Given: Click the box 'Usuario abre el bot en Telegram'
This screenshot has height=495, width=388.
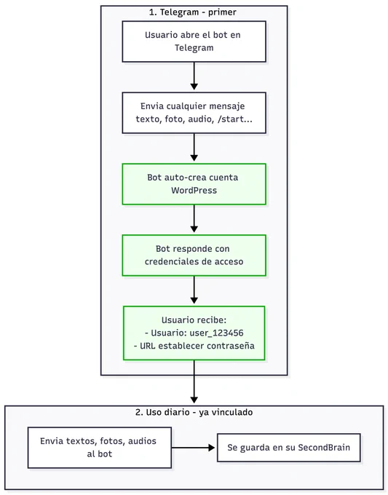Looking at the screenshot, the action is (194, 41).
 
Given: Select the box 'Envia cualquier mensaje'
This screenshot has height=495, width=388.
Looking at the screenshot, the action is (194, 113).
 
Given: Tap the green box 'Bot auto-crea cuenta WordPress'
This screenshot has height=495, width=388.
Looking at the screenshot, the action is (194, 184).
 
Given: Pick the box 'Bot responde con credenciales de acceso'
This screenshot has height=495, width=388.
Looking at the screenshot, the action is (194, 256).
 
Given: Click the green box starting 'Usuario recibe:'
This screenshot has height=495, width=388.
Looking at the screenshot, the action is (194, 333).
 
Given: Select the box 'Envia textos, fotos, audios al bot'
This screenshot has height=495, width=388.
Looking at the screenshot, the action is (100, 448).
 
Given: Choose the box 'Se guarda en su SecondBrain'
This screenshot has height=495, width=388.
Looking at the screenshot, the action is (288, 448).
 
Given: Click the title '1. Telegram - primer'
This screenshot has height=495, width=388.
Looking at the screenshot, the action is (193, 12).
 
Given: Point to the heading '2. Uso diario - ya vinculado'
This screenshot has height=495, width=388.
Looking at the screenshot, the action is (194, 412).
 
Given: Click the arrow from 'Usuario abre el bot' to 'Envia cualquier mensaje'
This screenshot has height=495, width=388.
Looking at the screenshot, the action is (194, 76).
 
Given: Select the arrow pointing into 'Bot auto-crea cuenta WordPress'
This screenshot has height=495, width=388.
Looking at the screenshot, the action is (194, 147).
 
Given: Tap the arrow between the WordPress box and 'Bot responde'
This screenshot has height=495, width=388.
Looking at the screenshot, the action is (194, 218).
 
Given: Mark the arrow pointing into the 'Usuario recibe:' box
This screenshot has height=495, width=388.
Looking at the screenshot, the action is (194, 290).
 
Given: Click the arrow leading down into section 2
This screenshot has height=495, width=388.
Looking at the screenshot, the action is (194, 381).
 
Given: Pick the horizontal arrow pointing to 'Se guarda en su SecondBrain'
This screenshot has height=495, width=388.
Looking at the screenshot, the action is (193, 448).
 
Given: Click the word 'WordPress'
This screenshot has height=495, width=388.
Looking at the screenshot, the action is (194, 191).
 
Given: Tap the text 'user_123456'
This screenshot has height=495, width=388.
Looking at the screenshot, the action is (217, 333).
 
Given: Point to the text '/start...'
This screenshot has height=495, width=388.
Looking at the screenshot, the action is (235, 119).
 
